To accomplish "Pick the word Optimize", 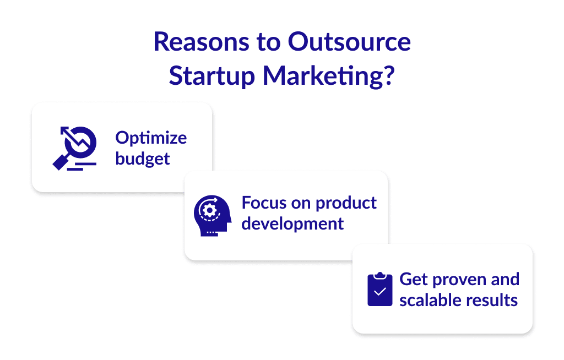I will (151, 138).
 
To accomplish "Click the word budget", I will (143, 159).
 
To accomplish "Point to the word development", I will (292, 223).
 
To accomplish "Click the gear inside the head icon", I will (209, 210).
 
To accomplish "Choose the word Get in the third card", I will (413, 279).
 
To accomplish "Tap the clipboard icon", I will (379, 290).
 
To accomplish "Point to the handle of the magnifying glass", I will (60, 161).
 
